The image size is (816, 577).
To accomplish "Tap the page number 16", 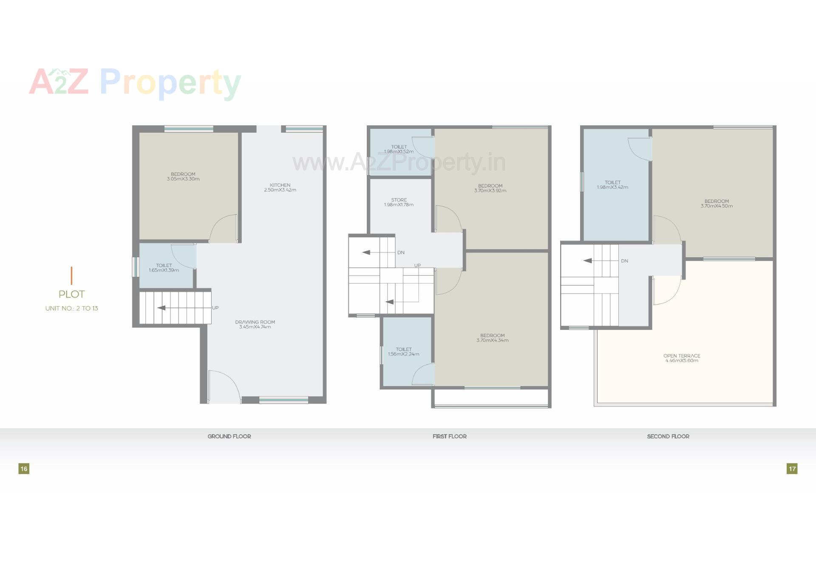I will [x=24, y=469].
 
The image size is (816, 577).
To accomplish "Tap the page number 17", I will [x=792, y=469].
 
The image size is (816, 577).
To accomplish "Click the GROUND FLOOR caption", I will [x=229, y=436].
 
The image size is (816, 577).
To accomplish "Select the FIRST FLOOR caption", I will [x=449, y=436].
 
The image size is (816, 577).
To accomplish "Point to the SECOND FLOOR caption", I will [x=668, y=436].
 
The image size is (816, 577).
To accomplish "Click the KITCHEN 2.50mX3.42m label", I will [x=280, y=188].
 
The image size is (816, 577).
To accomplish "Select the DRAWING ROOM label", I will [x=255, y=324].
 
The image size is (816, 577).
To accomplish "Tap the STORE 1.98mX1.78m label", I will [x=399, y=202].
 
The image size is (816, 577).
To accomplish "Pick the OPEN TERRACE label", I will [x=682, y=358].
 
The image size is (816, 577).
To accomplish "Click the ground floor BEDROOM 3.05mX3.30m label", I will [x=183, y=176].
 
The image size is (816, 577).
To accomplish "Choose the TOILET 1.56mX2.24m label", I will [x=403, y=352].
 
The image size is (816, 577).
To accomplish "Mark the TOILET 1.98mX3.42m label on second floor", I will [x=612, y=185].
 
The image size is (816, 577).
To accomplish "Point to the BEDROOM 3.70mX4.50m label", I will [x=717, y=204].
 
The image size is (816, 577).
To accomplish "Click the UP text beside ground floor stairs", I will [x=215, y=308].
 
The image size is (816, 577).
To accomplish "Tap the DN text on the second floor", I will [x=624, y=261].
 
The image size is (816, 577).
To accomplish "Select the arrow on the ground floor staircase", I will [x=161, y=308].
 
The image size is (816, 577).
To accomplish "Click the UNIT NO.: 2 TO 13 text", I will [x=72, y=308].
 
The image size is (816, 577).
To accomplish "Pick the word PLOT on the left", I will [x=72, y=294].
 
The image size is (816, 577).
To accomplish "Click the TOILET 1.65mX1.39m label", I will [x=164, y=268].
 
